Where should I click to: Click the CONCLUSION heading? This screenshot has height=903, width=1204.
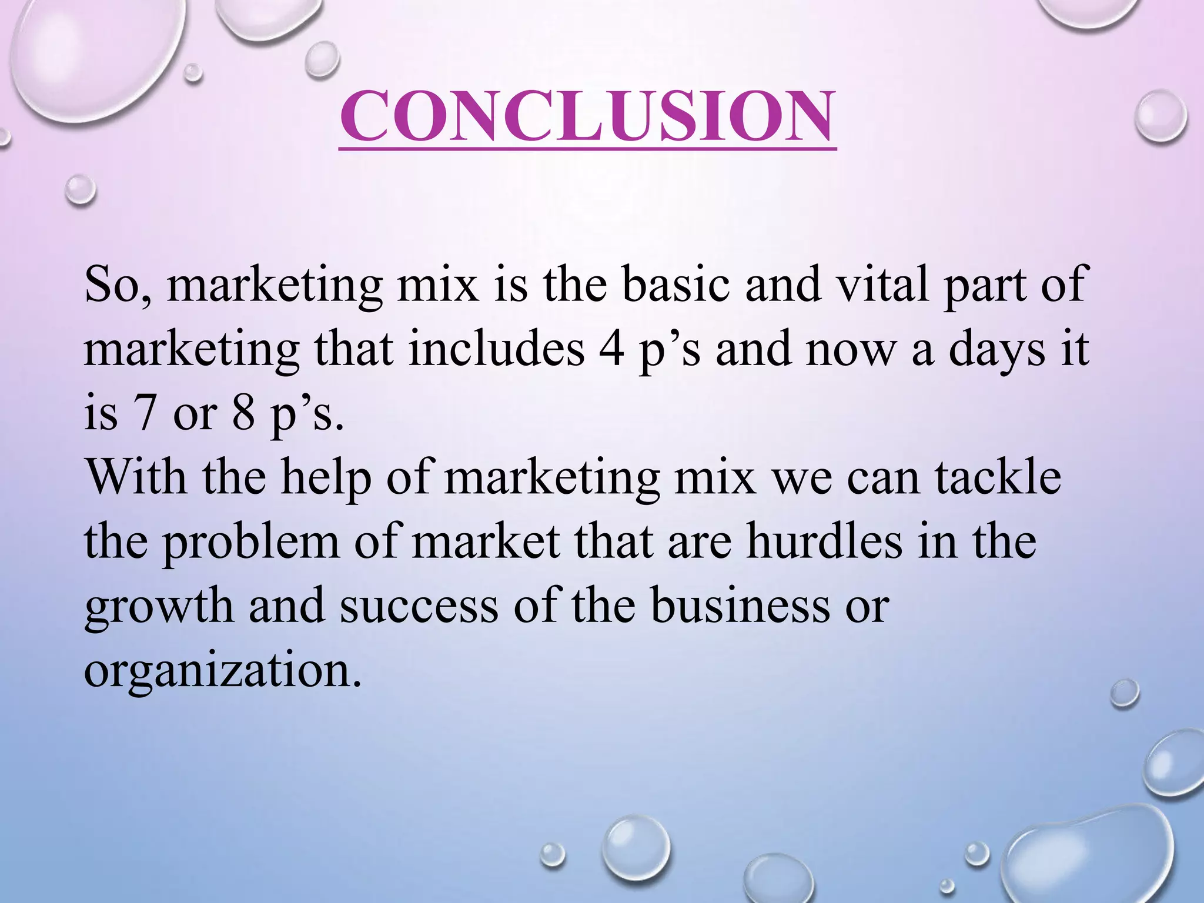click(x=587, y=118)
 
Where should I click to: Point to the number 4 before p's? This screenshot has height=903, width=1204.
click(x=612, y=350)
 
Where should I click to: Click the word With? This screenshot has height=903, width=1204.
click(x=136, y=477)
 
